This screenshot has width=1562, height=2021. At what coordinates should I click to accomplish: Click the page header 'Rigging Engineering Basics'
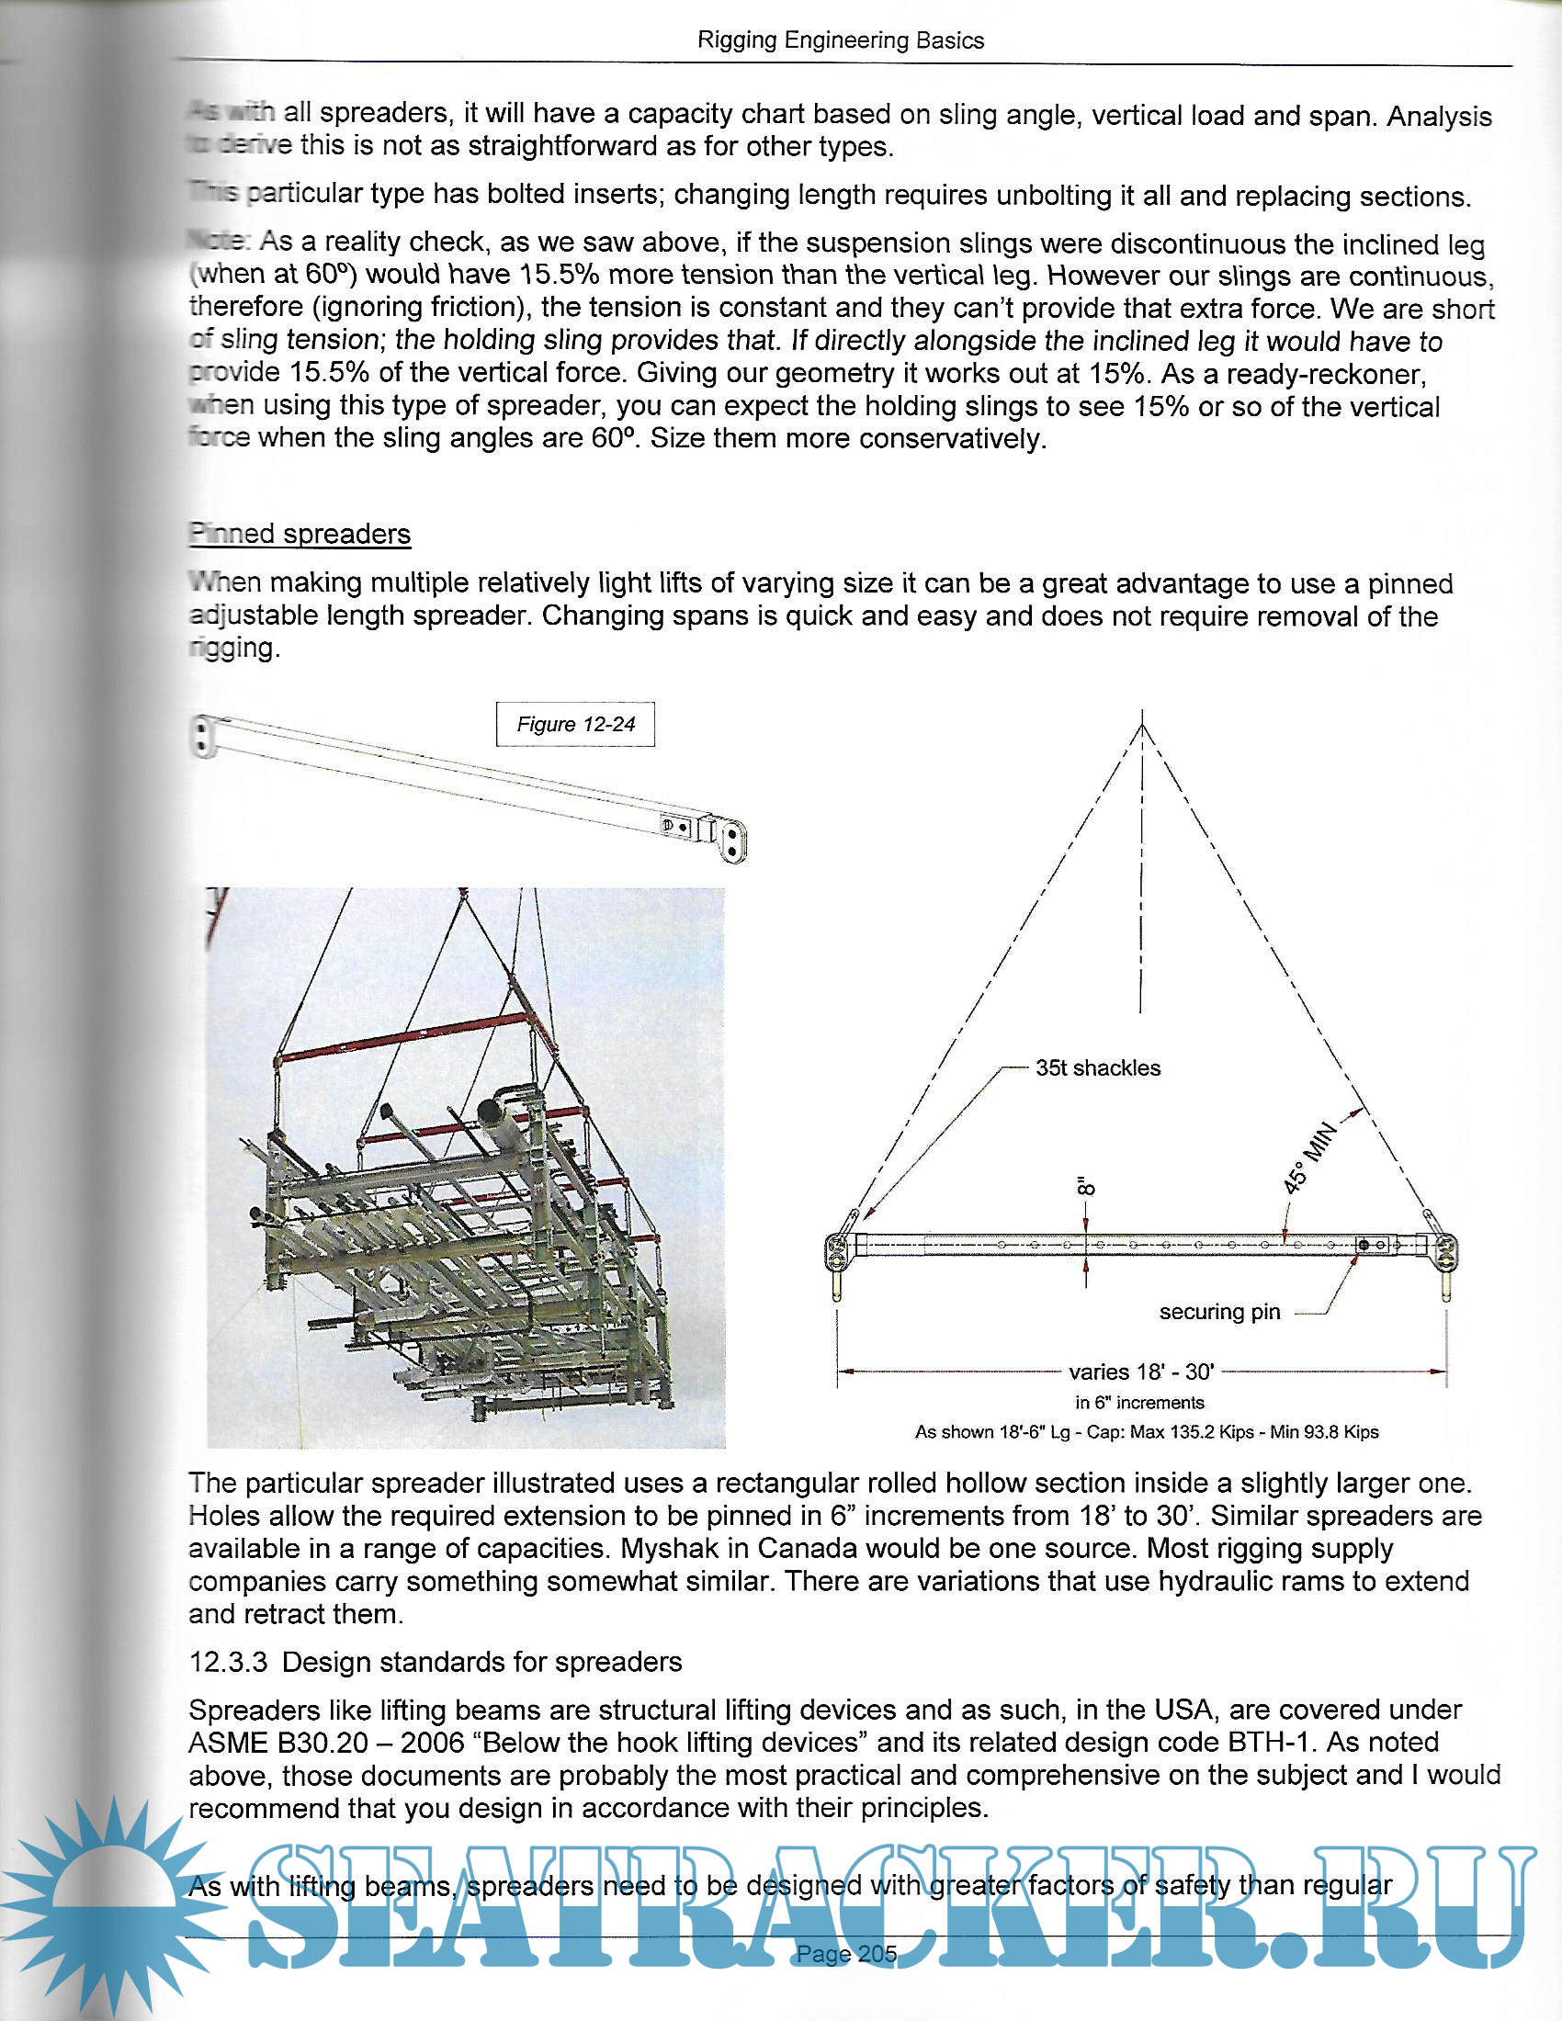pos(840,40)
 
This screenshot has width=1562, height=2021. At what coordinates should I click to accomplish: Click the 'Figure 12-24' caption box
pos(575,724)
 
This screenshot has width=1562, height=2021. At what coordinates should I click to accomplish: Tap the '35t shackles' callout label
pos(1097,1067)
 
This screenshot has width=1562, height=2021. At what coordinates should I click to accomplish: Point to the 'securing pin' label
pos(1219,1311)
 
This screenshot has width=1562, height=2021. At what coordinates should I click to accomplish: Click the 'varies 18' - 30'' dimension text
pos(1141,1372)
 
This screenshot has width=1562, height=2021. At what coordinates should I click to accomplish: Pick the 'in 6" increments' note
pos(1139,1402)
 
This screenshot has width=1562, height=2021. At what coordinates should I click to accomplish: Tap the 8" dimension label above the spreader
pos(1086,1186)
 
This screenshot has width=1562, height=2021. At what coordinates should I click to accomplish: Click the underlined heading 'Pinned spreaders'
pos(300,534)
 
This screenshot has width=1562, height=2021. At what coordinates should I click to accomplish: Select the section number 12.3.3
pos(228,1662)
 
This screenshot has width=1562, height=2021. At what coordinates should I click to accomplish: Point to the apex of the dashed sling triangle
pos(1142,726)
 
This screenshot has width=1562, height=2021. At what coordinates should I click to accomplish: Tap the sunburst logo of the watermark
pos(111,1906)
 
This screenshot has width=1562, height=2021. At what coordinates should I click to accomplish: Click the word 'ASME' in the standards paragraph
pos(228,1743)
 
